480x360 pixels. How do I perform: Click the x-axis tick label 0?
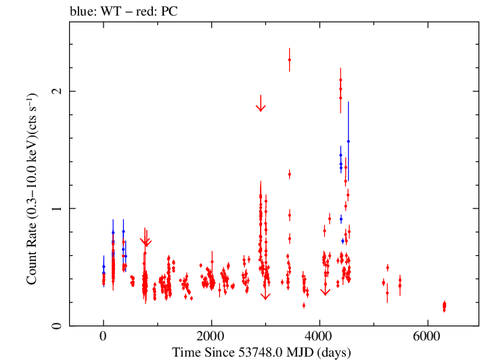[x=103, y=338]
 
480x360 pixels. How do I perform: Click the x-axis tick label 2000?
[x=211, y=338]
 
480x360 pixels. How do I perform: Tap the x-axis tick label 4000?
[x=320, y=338]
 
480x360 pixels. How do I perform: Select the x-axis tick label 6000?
[x=428, y=338]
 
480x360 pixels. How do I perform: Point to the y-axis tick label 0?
[x=57, y=326]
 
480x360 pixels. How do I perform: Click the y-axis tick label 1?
[x=57, y=208]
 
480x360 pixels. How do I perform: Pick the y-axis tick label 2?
[x=57, y=91]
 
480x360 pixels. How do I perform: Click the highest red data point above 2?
[x=289, y=60]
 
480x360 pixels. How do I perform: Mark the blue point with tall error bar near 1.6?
[x=348, y=141]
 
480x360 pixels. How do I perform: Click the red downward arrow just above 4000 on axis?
[x=325, y=291]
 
